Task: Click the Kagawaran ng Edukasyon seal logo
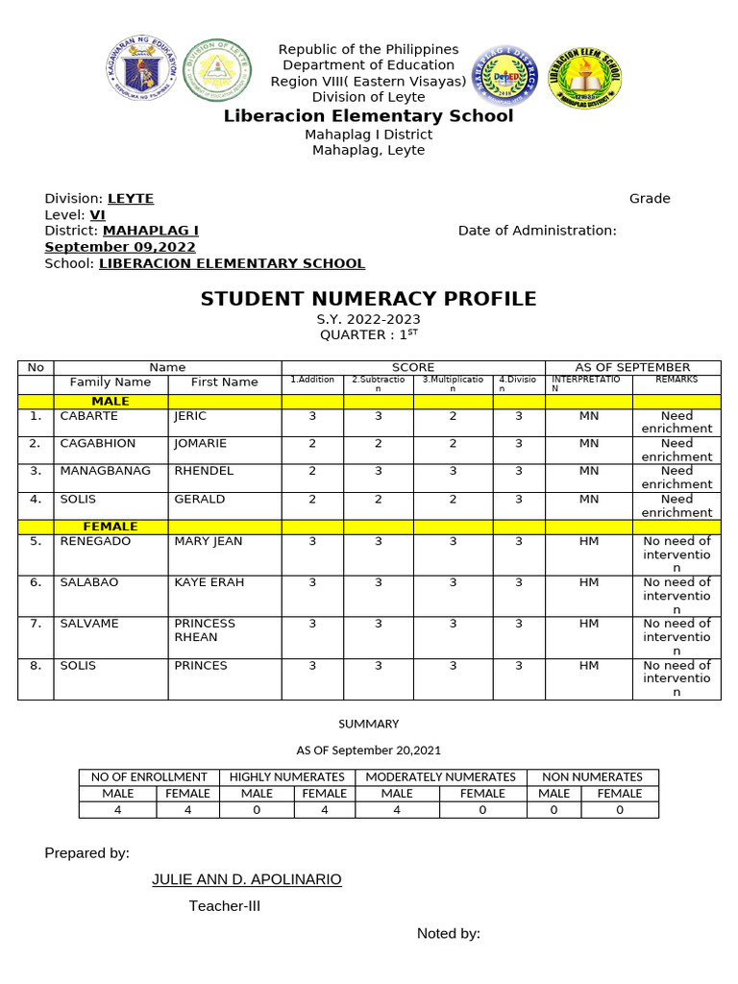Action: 139,72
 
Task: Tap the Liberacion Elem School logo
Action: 584,75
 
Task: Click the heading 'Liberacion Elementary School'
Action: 368,116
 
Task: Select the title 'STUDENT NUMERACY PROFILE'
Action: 368,299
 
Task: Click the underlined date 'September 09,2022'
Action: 120,247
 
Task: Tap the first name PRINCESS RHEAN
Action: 205,630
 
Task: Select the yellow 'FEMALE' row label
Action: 111,527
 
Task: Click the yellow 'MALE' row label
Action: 111,401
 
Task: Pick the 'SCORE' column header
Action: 413,367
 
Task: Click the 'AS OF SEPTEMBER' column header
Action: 632,367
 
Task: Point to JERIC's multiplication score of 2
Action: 453,416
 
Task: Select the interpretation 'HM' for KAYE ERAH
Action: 589,582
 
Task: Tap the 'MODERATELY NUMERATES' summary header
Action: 440,776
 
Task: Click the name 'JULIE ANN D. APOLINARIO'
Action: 247,879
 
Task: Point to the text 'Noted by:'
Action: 448,934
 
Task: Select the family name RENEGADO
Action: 95,541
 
